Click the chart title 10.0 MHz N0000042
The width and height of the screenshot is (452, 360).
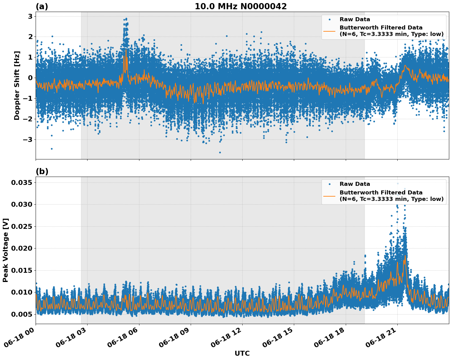[x=240, y=6]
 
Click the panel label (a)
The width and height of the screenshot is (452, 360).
[x=42, y=6]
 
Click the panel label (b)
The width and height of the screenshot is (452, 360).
[x=42, y=171]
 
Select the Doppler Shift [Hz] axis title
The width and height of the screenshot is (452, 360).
[x=17, y=85]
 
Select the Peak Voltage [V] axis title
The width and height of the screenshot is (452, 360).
[x=6, y=250]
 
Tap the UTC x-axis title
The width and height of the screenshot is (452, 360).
[x=242, y=353]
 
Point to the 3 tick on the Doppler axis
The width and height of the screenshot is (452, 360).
[x=30, y=16]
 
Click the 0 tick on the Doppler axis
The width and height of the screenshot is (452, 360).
[x=30, y=78]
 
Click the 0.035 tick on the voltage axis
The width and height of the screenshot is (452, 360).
[x=21, y=183]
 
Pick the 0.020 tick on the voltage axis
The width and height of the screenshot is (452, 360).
[x=21, y=248]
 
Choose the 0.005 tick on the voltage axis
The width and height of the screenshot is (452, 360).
[x=21, y=314]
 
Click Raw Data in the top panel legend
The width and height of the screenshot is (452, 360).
[x=355, y=19]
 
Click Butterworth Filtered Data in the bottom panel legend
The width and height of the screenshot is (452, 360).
[x=381, y=193]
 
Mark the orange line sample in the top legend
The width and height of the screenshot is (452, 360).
[x=329, y=31]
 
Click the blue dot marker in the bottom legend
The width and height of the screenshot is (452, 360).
[x=329, y=184]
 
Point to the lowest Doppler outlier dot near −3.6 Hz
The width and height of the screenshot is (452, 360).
[x=220, y=152]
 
